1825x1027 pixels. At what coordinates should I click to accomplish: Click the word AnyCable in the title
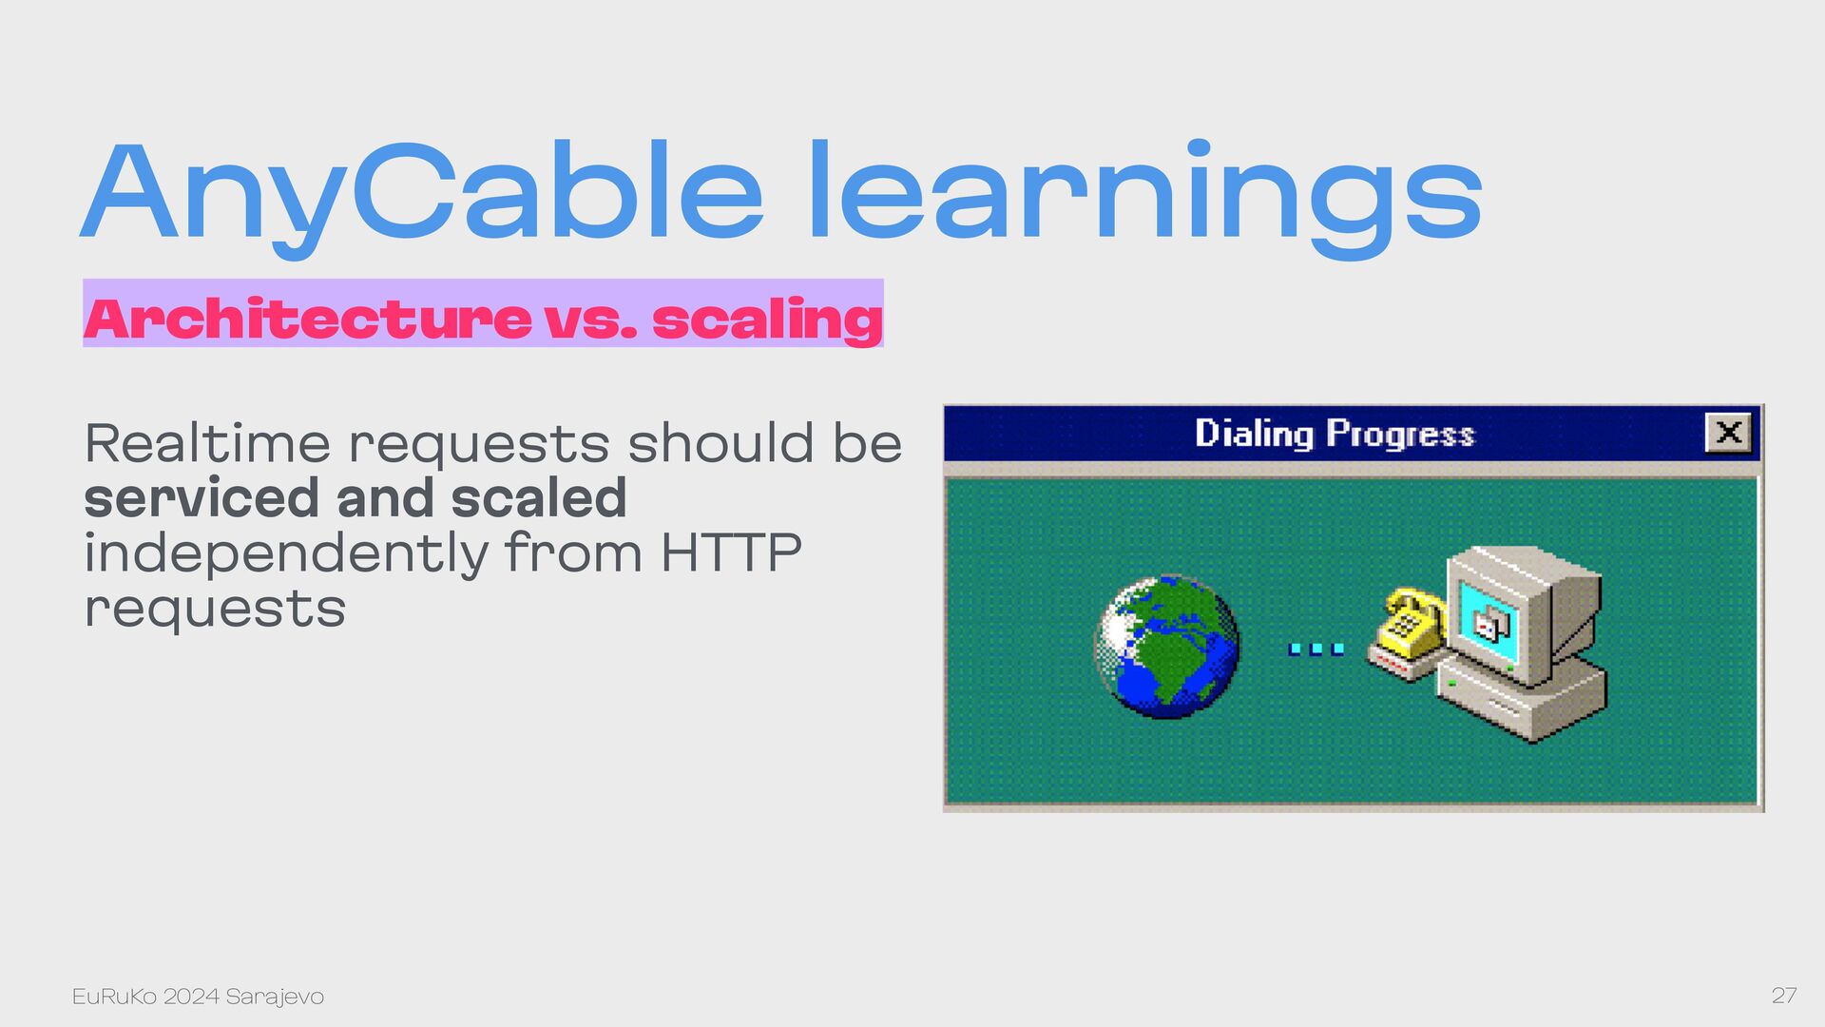coord(423,195)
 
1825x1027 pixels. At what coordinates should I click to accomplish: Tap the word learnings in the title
coord(1145,195)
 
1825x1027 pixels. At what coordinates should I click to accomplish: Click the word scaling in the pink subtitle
coord(767,320)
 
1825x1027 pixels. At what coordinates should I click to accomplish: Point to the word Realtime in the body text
coord(207,443)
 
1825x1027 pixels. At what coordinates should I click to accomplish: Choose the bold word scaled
coord(538,498)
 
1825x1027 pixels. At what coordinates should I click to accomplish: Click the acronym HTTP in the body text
coord(731,553)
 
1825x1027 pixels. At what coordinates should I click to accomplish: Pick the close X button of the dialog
coord(1728,433)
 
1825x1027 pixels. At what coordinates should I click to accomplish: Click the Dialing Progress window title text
coord(1335,434)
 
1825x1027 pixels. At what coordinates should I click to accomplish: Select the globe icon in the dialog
coord(1167,646)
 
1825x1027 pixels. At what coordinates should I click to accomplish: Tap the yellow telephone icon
coord(1405,634)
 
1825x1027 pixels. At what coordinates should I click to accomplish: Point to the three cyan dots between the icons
coord(1316,649)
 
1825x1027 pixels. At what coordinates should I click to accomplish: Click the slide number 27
coord(1784,996)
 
